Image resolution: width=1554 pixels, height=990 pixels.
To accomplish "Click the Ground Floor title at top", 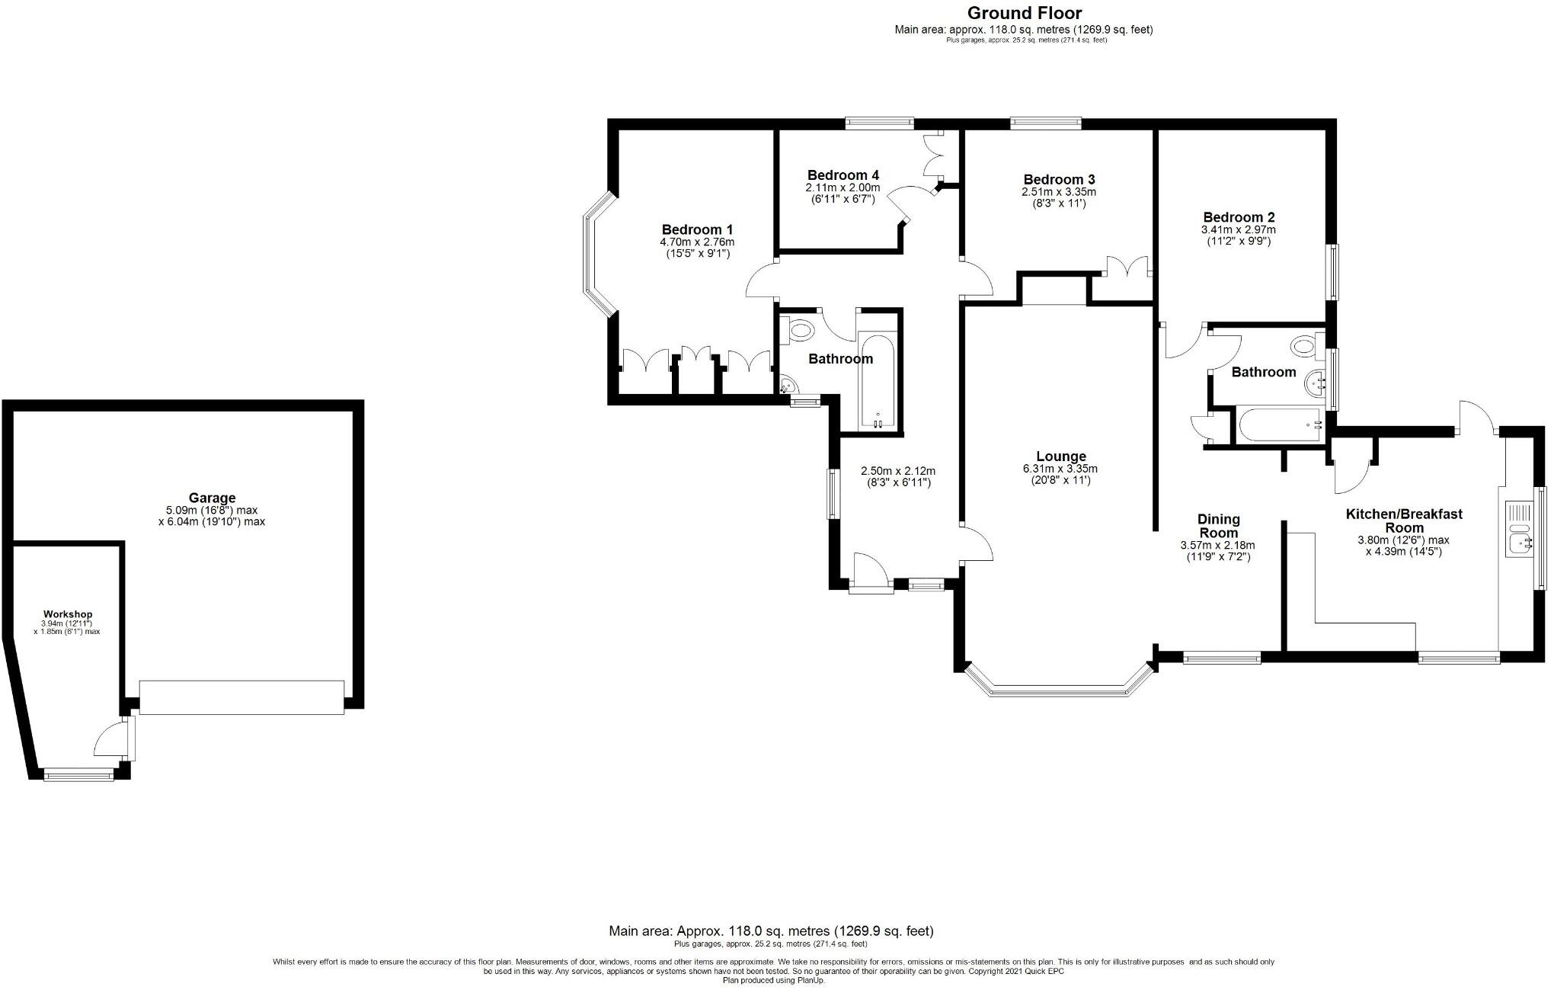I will coord(1023,13).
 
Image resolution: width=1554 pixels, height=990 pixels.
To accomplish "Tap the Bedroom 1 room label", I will coord(697,229).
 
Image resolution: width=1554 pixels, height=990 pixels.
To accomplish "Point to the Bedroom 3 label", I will coord(1058,180).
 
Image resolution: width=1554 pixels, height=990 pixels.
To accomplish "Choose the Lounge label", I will coord(1060,457).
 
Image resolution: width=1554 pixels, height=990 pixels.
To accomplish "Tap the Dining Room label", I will coord(1218,526).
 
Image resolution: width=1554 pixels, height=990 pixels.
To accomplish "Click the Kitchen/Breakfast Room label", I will coord(1404,521).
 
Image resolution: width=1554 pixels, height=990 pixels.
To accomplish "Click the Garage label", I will coord(212,498).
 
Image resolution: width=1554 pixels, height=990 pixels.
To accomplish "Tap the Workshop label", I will coord(68,614).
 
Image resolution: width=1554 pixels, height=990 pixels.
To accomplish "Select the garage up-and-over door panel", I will coord(241,697).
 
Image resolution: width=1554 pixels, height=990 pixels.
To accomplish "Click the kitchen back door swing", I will coord(1478,417).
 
